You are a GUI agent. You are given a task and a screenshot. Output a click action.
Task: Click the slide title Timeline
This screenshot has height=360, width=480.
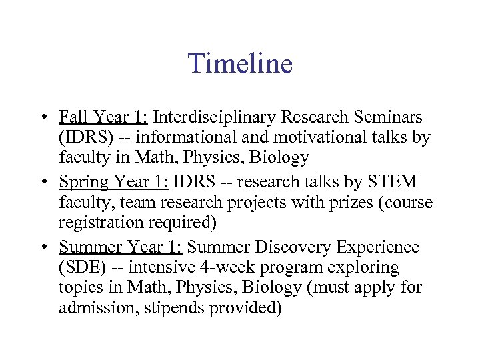(240, 64)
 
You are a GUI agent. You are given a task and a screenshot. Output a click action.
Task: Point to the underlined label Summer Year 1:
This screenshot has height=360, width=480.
(121, 247)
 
